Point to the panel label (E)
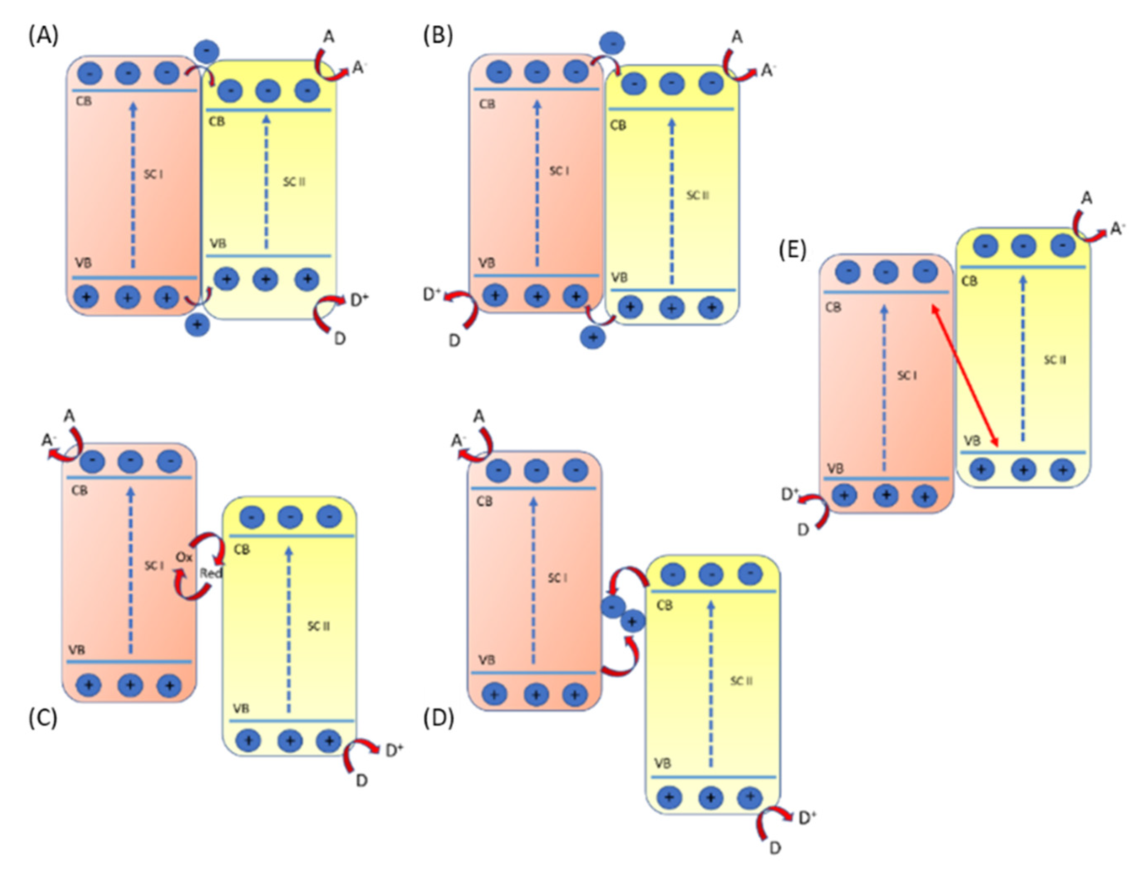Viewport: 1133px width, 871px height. (x=793, y=250)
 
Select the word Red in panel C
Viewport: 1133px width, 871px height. (x=211, y=573)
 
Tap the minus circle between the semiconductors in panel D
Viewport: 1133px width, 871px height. (x=613, y=606)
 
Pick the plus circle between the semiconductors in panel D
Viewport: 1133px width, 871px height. (x=632, y=621)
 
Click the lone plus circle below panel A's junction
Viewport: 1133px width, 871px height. (x=197, y=325)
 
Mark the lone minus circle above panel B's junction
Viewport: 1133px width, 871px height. (x=612, y=43)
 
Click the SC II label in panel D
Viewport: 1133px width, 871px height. (x=741, y=681)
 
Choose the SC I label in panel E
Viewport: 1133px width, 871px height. (x=906, y=375)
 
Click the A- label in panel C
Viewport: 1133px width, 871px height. (x=48, y=441)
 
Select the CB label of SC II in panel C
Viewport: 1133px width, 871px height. (x=241, y=549)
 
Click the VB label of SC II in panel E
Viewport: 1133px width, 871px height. (x=971, y=441)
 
